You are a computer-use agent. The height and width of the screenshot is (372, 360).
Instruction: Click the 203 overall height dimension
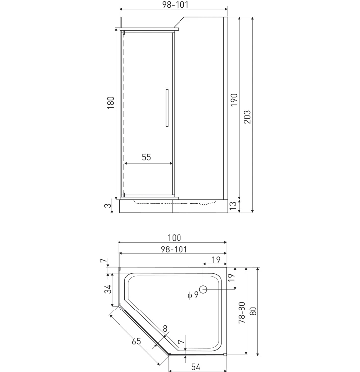(247, 117)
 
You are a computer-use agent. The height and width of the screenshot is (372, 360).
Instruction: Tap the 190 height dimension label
(234, 100)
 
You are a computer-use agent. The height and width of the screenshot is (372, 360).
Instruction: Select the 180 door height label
(111, 103)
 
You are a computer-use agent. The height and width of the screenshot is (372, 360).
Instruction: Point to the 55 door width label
(146, 157)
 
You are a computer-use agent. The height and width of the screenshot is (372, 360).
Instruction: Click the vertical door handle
(167, 108)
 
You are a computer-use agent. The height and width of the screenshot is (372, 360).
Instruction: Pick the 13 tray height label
(233, 206)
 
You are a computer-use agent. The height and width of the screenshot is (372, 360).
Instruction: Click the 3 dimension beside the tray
(108, 205)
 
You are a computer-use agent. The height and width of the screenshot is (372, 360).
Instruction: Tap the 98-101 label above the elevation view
(175, 5)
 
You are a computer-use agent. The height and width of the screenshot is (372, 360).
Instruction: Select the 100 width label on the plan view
(175, 238)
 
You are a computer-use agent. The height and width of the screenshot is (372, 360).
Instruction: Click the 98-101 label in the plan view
(174, 249)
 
